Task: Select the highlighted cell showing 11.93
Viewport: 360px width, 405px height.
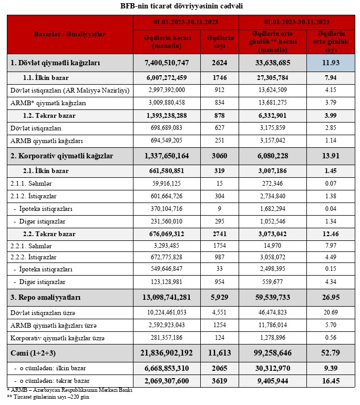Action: pyautogui.click(x=330, y=63)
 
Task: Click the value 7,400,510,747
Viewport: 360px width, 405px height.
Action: pyautogui.click(x=167, y=63)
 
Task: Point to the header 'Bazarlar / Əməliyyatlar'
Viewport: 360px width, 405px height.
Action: pyautogui.click(x=69, y=34)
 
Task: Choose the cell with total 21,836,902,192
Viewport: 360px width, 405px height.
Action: pyautogui.click(x=167, y=351)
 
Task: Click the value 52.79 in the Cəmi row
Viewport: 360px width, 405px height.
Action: pyautogui.click(x=330, y=351)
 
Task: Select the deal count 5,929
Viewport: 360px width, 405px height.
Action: pyautogui.click(x=220, y=297)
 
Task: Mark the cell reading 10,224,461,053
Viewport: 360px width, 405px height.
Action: pyautogui.click(x=167, y=311)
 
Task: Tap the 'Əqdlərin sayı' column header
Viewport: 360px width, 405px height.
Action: pyautogui.click(x=220, y=42)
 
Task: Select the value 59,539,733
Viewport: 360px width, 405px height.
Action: pyautogui.click(x=272, y=297)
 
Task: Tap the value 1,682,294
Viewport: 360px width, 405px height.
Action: pyautogui.click(x=272, y=208)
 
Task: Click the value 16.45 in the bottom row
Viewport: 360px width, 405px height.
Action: pyautogui.click(x=330, y=380)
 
